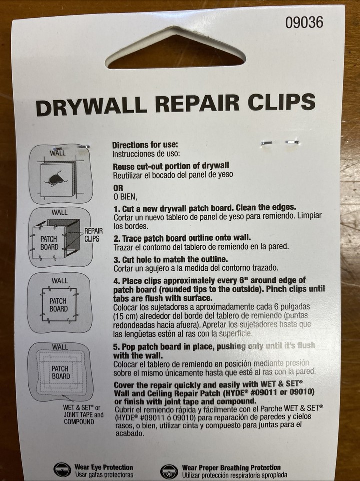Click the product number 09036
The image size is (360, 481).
click(304, 22)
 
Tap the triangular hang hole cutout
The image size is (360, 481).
click(175, 51)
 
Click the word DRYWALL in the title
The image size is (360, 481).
click(91, 105)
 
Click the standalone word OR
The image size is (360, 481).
click(117, 188)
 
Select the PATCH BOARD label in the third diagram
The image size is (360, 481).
click(58, 305)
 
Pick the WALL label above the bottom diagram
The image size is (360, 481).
click(60, 347)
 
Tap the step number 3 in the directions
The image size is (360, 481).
click(115, 259)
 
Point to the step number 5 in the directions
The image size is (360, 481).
click(115, 346)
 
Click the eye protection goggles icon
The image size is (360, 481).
click(62, 470)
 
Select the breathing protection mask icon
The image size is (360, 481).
click(169, 471)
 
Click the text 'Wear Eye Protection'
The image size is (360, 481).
click(104, 467)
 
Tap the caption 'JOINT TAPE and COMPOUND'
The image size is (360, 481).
click(83, 418)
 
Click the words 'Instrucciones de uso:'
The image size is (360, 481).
click(146, 154)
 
